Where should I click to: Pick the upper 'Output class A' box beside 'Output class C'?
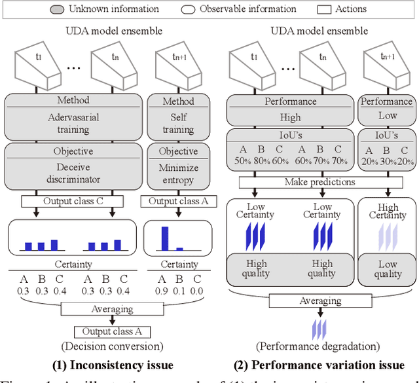point(177,202)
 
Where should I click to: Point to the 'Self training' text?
point(177,124)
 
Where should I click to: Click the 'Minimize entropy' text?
point(177,172)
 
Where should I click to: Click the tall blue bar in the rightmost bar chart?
point(164,238)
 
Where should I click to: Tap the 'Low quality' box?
point(388,269)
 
